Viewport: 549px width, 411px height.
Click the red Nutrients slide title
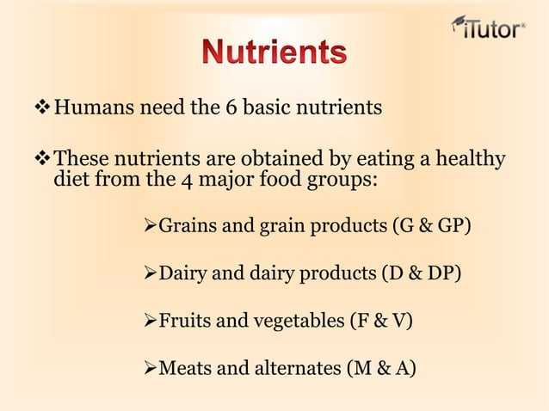tap(275, 53)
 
